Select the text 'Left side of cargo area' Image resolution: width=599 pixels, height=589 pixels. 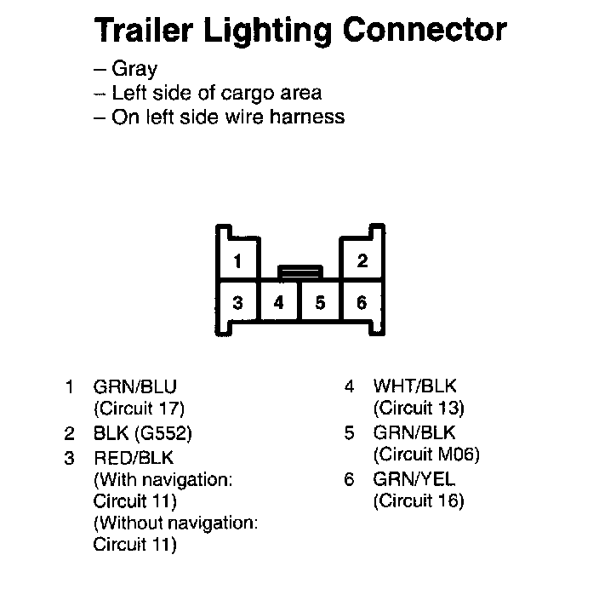[x=216, y=93]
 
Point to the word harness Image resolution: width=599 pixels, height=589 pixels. [x=305, y=117]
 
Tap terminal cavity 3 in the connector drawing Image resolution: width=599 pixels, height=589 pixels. [x=239, y=302]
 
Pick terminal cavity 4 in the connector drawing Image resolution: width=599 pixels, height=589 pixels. [x=279, y=302]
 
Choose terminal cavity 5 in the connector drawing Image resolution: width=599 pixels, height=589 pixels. [x=320, y=302]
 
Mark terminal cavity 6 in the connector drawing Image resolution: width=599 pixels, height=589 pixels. [x=362, y=302]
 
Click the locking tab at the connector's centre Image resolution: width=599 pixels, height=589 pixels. [x=299, y=272]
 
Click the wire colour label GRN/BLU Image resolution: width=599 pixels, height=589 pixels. [x=135, y=387]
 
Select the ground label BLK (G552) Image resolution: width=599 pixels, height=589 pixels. [x=143, y=433]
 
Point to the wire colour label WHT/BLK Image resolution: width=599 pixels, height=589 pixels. [x=414, y=387]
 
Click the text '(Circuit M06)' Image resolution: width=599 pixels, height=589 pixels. [x=426, y=455]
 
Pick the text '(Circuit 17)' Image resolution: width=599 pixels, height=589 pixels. [x=139, y=409]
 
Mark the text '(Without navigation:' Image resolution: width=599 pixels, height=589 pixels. [x=176, y=522]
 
